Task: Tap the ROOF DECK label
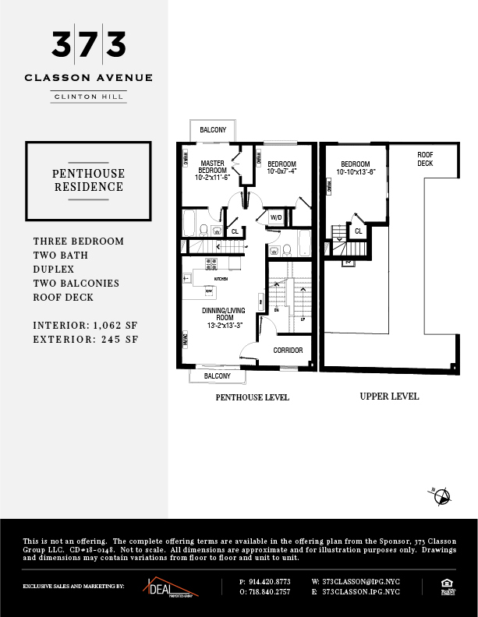tap(425, 160)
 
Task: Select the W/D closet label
tap(275, 217)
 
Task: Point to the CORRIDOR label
tap(288, 351)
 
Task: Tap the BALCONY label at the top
tap(213, 130)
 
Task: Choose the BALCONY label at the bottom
tap(217, 376)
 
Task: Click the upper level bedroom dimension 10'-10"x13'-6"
tap(356, 172)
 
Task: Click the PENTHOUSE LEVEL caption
tap(252, 397)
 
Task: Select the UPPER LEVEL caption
tap(389, 397)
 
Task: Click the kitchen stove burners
tap(211, 263)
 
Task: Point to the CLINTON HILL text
tap(88, 97)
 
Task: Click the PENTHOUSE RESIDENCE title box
tap(88, 180)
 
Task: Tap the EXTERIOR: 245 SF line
tap(86, 339)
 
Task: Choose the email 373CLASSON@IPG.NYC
tap(356, 582)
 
